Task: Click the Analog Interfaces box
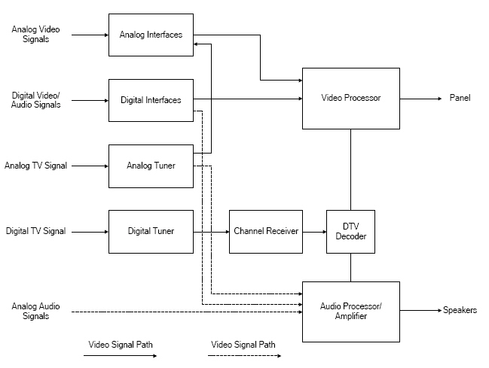point(151,34)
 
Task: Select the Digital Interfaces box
point(151,100)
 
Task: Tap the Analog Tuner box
point(151,166)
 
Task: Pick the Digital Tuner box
point(151,231)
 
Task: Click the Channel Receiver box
point(266,231)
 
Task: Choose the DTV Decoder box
point(350,231)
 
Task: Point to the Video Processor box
point(350,98)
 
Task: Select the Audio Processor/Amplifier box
point(350,311)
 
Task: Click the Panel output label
point(460,98)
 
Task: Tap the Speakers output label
point(460,310)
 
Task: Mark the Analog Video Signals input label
point(36,34)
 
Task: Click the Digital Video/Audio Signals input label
point(36,100)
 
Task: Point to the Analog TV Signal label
point(36,166)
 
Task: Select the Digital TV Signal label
point(36,231)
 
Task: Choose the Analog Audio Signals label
point(36,311)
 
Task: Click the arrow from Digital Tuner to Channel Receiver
point(211,231)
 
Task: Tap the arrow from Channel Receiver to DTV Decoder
point(314,231)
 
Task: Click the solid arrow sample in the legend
point(121,356)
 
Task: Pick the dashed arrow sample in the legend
point(244,356)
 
